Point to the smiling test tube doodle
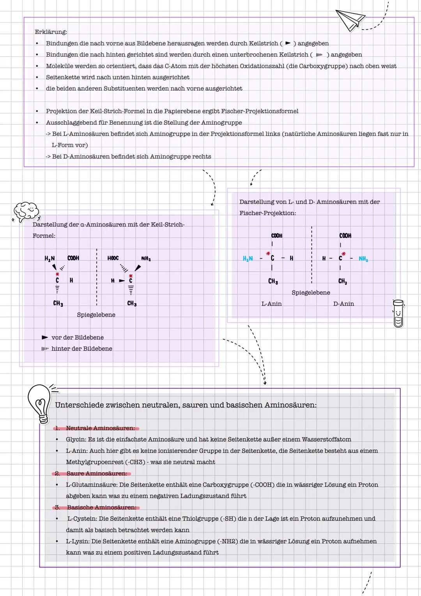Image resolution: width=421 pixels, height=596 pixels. pyautogui.click(x=398, y=313)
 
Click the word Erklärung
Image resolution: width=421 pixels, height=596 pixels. pyautogui.click(x=51, y=32)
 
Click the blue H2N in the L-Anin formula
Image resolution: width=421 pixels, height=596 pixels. pyautogui.click(x=248, y=258)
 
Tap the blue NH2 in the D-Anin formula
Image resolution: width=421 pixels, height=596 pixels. pyautogui.click(x=363, y=259)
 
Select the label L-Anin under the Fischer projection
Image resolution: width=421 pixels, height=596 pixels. pyautogui.click(x=271, y=304)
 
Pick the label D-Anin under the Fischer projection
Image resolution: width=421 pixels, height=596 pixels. pyautogui.click(x=343, y=304)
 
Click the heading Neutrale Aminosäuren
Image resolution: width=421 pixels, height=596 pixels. pyautogui.click(x=100, y=428)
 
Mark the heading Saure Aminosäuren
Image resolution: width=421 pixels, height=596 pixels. pyautogui.click(x=97, y=473)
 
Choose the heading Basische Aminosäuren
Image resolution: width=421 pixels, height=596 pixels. pyautogui.click(x=101, y=507)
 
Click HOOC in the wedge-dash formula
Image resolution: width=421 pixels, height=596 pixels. pyautogui.click(x=113, y=258)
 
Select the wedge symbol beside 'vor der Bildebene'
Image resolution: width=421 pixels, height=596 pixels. pyautogui.click(x=45, y=337)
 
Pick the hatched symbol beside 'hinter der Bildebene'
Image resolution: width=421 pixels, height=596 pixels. pyautogui.click(x=45, y=349)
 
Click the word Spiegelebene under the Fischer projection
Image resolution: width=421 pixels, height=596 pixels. pyautogui.click(x=311, y=293)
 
